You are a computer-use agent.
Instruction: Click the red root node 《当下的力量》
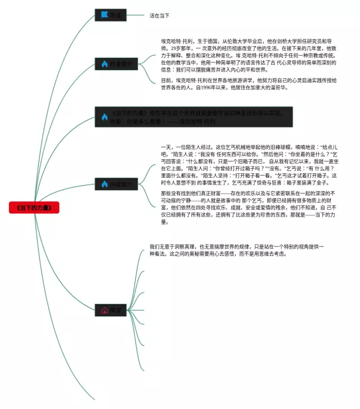pos(34,208)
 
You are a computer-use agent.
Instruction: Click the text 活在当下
pos(159,16)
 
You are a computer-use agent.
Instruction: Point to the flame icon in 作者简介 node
pos(104,64)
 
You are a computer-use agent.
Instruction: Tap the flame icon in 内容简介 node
pos(104,184)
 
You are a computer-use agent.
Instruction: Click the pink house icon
pos(104,310)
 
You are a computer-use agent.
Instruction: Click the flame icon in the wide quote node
pos(104,117)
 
